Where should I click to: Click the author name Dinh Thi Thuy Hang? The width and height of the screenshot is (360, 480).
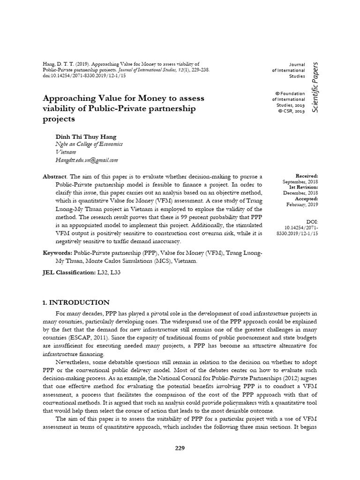(86, 136)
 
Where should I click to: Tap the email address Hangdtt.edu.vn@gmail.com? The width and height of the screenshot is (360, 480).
(87, 160)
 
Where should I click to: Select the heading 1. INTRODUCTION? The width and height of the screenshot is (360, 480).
(76, 302)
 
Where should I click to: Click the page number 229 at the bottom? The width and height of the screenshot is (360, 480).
(180, 448)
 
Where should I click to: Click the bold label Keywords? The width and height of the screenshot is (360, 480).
(57, 253)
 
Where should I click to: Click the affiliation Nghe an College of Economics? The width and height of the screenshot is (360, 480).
(89, 144)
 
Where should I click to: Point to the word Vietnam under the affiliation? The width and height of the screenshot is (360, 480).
(66, 152)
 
